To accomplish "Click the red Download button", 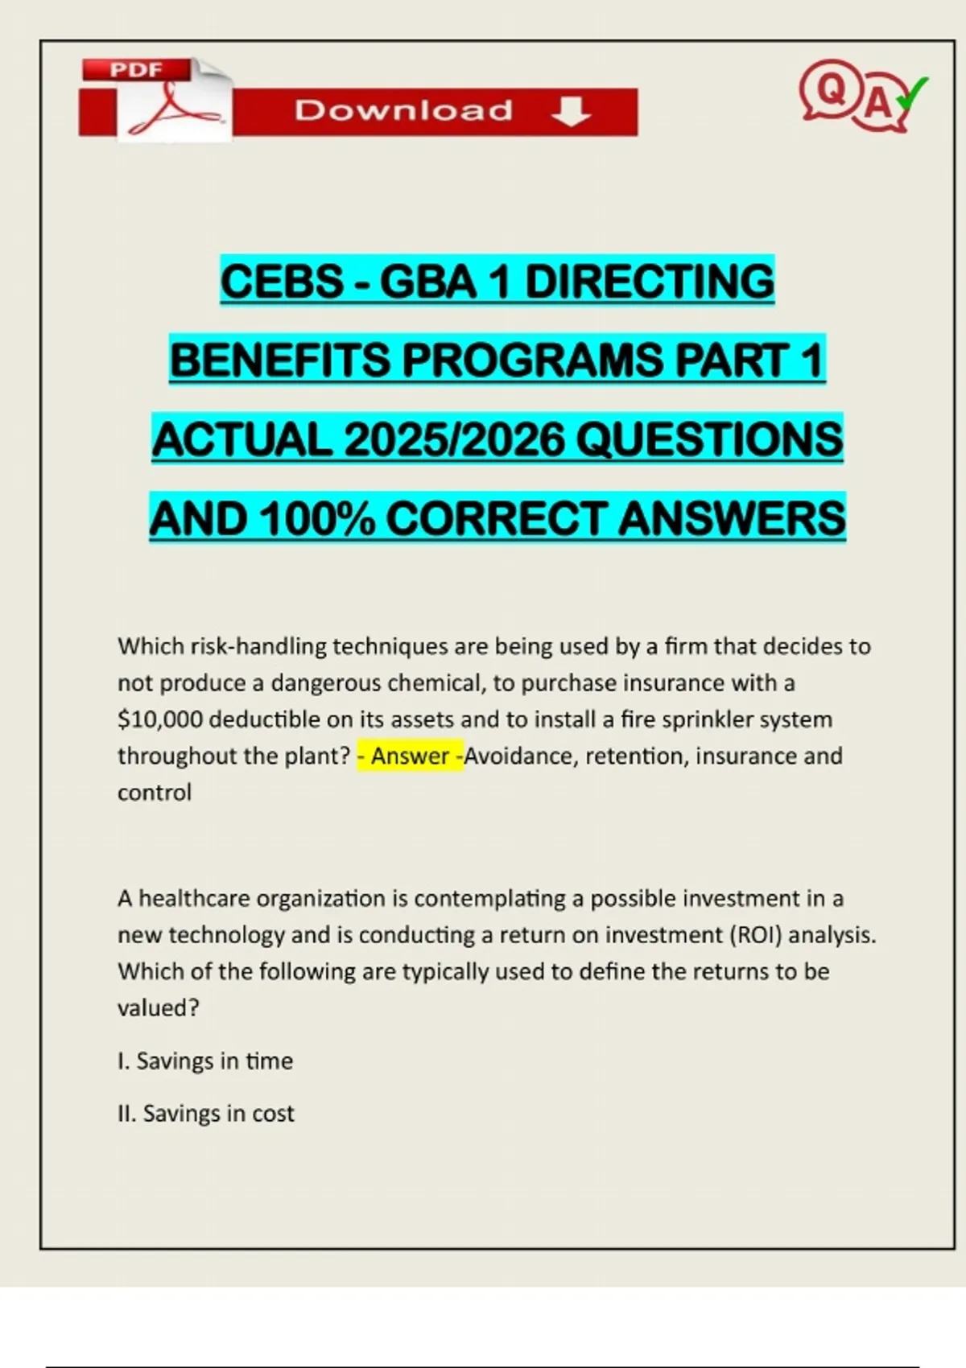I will pos(435,111).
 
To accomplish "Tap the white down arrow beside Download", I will pos(571,111).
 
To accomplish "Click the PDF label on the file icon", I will pos(136,70).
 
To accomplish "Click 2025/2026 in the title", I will pos(454,439).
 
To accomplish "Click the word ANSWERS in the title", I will pos(732,518).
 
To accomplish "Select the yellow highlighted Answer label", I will pos(410,756).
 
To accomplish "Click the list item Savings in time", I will pos(205,1061).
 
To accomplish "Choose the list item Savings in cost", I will pos(206,1113).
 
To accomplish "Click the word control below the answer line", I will pos(155,793).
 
